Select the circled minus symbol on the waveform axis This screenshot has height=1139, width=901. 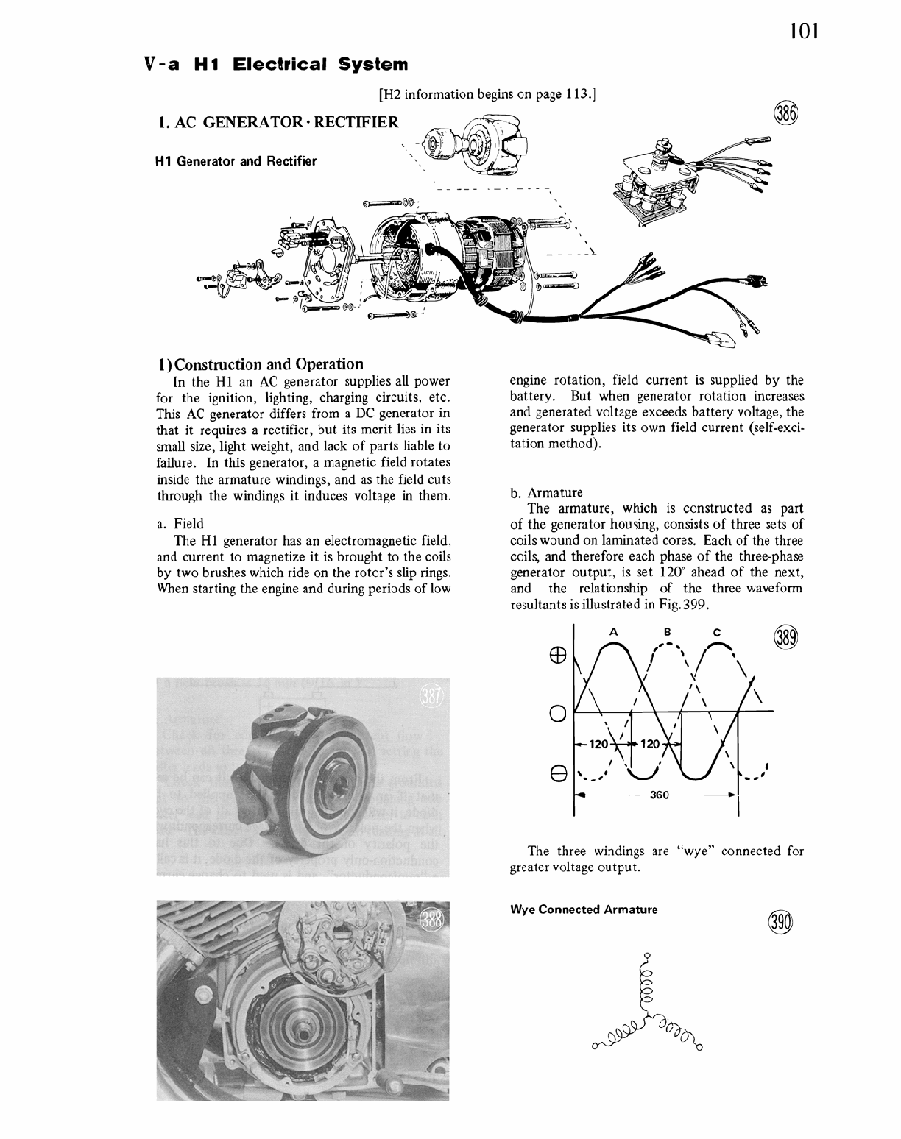pyautogui.click(x=558, y=773)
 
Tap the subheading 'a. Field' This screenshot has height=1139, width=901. pyautogui.click(x=180, y=524)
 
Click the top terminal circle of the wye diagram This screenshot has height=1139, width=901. pyautogui.click(x=647, y=956)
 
